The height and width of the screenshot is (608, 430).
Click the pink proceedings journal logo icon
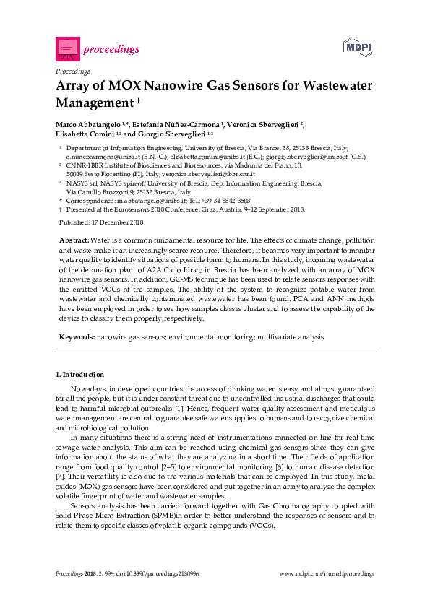[66, 48]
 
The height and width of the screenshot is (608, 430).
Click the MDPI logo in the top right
[359, 48]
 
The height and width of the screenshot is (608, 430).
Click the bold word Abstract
[74, 239]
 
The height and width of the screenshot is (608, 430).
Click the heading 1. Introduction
[80, 375]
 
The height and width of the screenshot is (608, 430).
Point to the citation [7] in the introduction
[60, 479]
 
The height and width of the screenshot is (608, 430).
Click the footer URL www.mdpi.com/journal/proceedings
[327, 573]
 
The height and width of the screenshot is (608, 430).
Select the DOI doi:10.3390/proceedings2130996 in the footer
[149, 573]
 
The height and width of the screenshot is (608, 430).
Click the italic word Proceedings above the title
[72, 71]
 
